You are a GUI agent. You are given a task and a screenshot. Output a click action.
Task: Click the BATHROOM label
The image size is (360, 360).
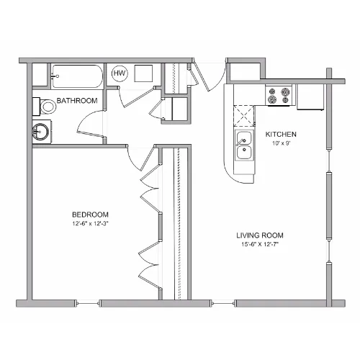point(77,101)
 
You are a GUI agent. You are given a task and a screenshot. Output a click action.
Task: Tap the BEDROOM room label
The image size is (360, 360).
point(90,215)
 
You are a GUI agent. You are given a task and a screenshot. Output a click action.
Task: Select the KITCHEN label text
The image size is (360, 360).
point(281,134)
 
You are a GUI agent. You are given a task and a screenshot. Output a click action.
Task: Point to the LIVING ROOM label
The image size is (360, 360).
point(260,235)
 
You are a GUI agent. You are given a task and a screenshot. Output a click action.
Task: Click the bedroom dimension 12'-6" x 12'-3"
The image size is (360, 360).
point(91,224)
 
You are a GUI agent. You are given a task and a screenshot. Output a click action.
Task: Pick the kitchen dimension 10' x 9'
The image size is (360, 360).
point(282,143)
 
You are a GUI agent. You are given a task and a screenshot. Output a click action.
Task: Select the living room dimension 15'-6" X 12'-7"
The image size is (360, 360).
point(261,245)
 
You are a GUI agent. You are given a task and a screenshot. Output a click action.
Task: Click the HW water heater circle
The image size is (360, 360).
point(120,73)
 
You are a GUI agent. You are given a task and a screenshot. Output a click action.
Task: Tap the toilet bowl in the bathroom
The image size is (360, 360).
point(48,107)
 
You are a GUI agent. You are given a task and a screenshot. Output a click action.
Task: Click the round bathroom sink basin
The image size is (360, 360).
point(40,132)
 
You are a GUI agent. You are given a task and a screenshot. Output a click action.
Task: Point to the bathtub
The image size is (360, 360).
point(77,76)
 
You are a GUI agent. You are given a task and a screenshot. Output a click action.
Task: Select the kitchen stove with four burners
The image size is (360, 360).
point(279,95)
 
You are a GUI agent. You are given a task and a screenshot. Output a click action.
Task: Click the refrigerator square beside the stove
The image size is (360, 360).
point(310,97)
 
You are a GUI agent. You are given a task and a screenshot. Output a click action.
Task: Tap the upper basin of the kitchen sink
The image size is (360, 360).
point(244,138)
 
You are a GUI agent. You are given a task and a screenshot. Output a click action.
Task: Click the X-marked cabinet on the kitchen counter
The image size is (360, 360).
point(244,116)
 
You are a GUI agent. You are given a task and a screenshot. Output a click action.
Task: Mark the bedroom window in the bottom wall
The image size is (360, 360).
point(88,303)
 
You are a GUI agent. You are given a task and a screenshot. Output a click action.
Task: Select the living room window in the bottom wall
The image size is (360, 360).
point(223,303)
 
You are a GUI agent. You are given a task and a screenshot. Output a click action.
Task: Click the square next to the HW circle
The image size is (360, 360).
point(143,73)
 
